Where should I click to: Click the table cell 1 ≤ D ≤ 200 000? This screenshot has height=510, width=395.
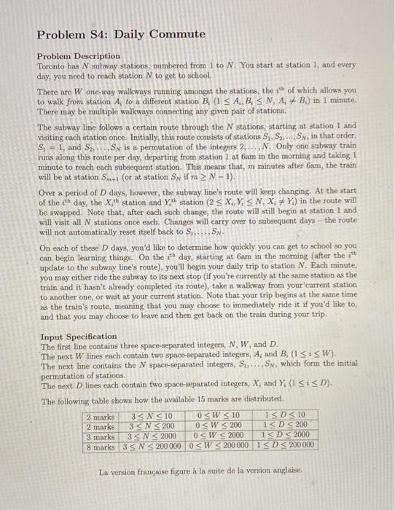pyautogui.click(x=281, y=445)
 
